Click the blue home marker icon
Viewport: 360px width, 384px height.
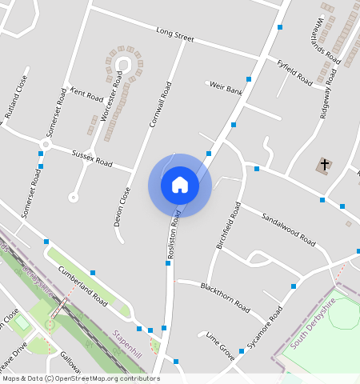pyautogui.click(x=180, y=185)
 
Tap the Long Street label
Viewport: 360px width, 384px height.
pyautogui.click(x=175, y=36)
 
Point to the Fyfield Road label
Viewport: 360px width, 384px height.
pyautogui.click(x=294, y=72)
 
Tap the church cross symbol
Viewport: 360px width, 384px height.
pyautogui.click(x=325, y=166)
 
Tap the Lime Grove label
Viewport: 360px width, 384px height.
pyautogui.click(x=220, y=345)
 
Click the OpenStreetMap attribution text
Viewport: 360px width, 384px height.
pyautogui.click(x=80, y=378)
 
